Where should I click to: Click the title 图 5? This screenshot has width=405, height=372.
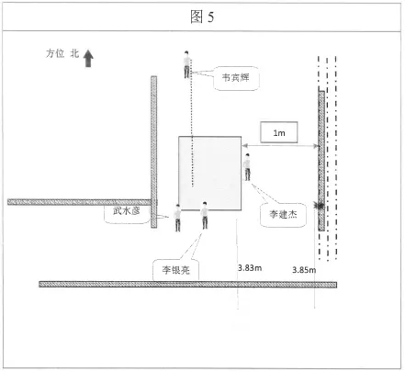202,17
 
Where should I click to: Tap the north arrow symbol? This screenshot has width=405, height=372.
88,58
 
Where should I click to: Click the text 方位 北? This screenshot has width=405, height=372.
62,53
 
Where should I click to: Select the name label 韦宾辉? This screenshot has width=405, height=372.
236,78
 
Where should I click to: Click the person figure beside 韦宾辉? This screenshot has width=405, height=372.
186,64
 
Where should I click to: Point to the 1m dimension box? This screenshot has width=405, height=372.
279,132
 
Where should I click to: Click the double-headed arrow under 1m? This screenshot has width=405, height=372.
280,146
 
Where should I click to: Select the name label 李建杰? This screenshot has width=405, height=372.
283,214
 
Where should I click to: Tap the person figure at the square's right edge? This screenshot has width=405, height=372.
247,167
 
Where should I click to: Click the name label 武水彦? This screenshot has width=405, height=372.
127,210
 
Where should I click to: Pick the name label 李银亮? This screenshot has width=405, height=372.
176,270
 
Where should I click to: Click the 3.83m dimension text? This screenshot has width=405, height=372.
250,268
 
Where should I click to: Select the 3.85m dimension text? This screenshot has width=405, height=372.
304,270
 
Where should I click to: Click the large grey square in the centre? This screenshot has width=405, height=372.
210,174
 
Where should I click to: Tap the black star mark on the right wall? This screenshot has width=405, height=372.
320,206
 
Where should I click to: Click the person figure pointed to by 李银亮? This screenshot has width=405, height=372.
205,215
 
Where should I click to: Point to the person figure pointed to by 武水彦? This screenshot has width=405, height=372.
177,218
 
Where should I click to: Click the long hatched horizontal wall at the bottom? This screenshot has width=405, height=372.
188,285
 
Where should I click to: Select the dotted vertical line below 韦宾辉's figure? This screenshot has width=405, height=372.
192,122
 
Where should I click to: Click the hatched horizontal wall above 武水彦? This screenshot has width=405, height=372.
80,202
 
